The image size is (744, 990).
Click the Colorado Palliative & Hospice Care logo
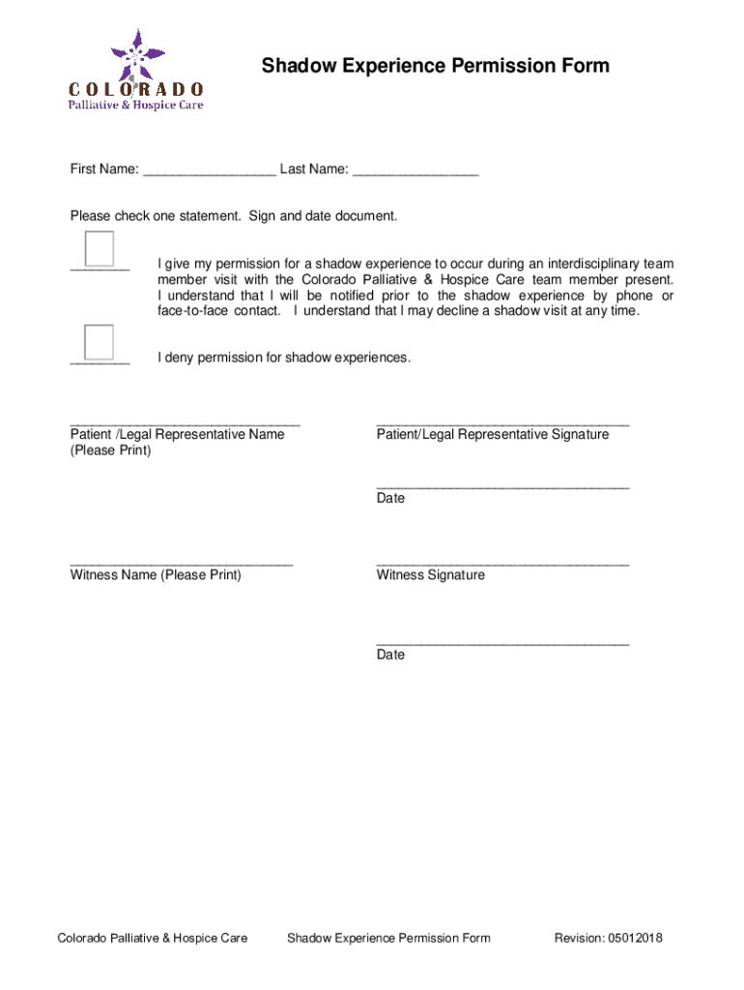135,71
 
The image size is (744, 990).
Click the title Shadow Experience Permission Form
435,66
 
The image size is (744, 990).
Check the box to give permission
100,248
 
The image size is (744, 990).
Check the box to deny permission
99,342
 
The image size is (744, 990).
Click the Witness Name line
181,562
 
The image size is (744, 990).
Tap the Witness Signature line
502,562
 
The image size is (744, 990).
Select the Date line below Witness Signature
502,642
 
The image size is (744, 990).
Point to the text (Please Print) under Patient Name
110,451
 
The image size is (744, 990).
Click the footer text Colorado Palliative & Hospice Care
153,938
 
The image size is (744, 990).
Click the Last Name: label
314,170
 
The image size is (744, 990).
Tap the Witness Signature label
431,575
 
